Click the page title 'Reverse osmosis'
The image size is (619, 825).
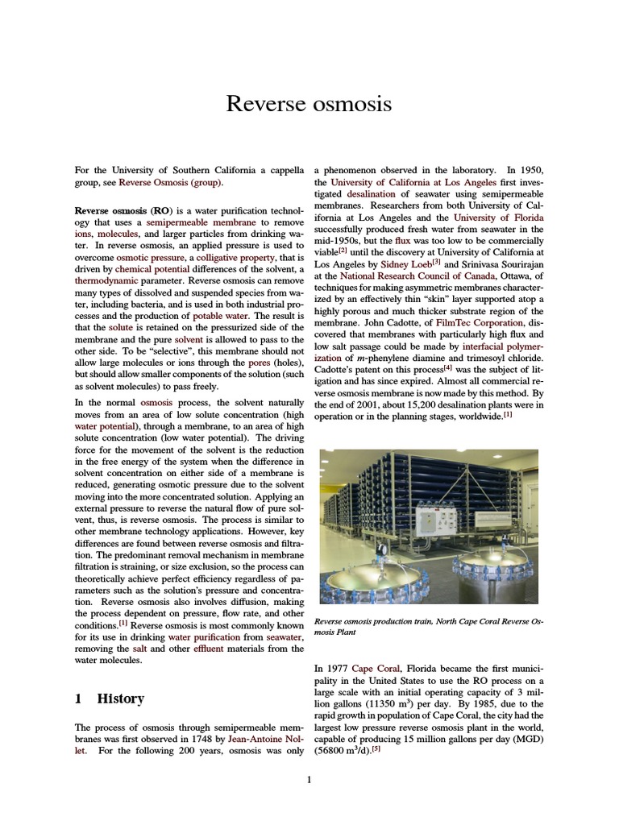click(309, 104)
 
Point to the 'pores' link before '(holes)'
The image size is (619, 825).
click(249, 362)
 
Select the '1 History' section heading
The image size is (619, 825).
click(110, 699)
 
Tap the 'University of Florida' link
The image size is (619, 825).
click(498, 218)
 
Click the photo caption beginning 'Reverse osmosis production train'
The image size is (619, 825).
click(429, 627)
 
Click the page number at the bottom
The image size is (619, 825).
click(309, 779)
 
